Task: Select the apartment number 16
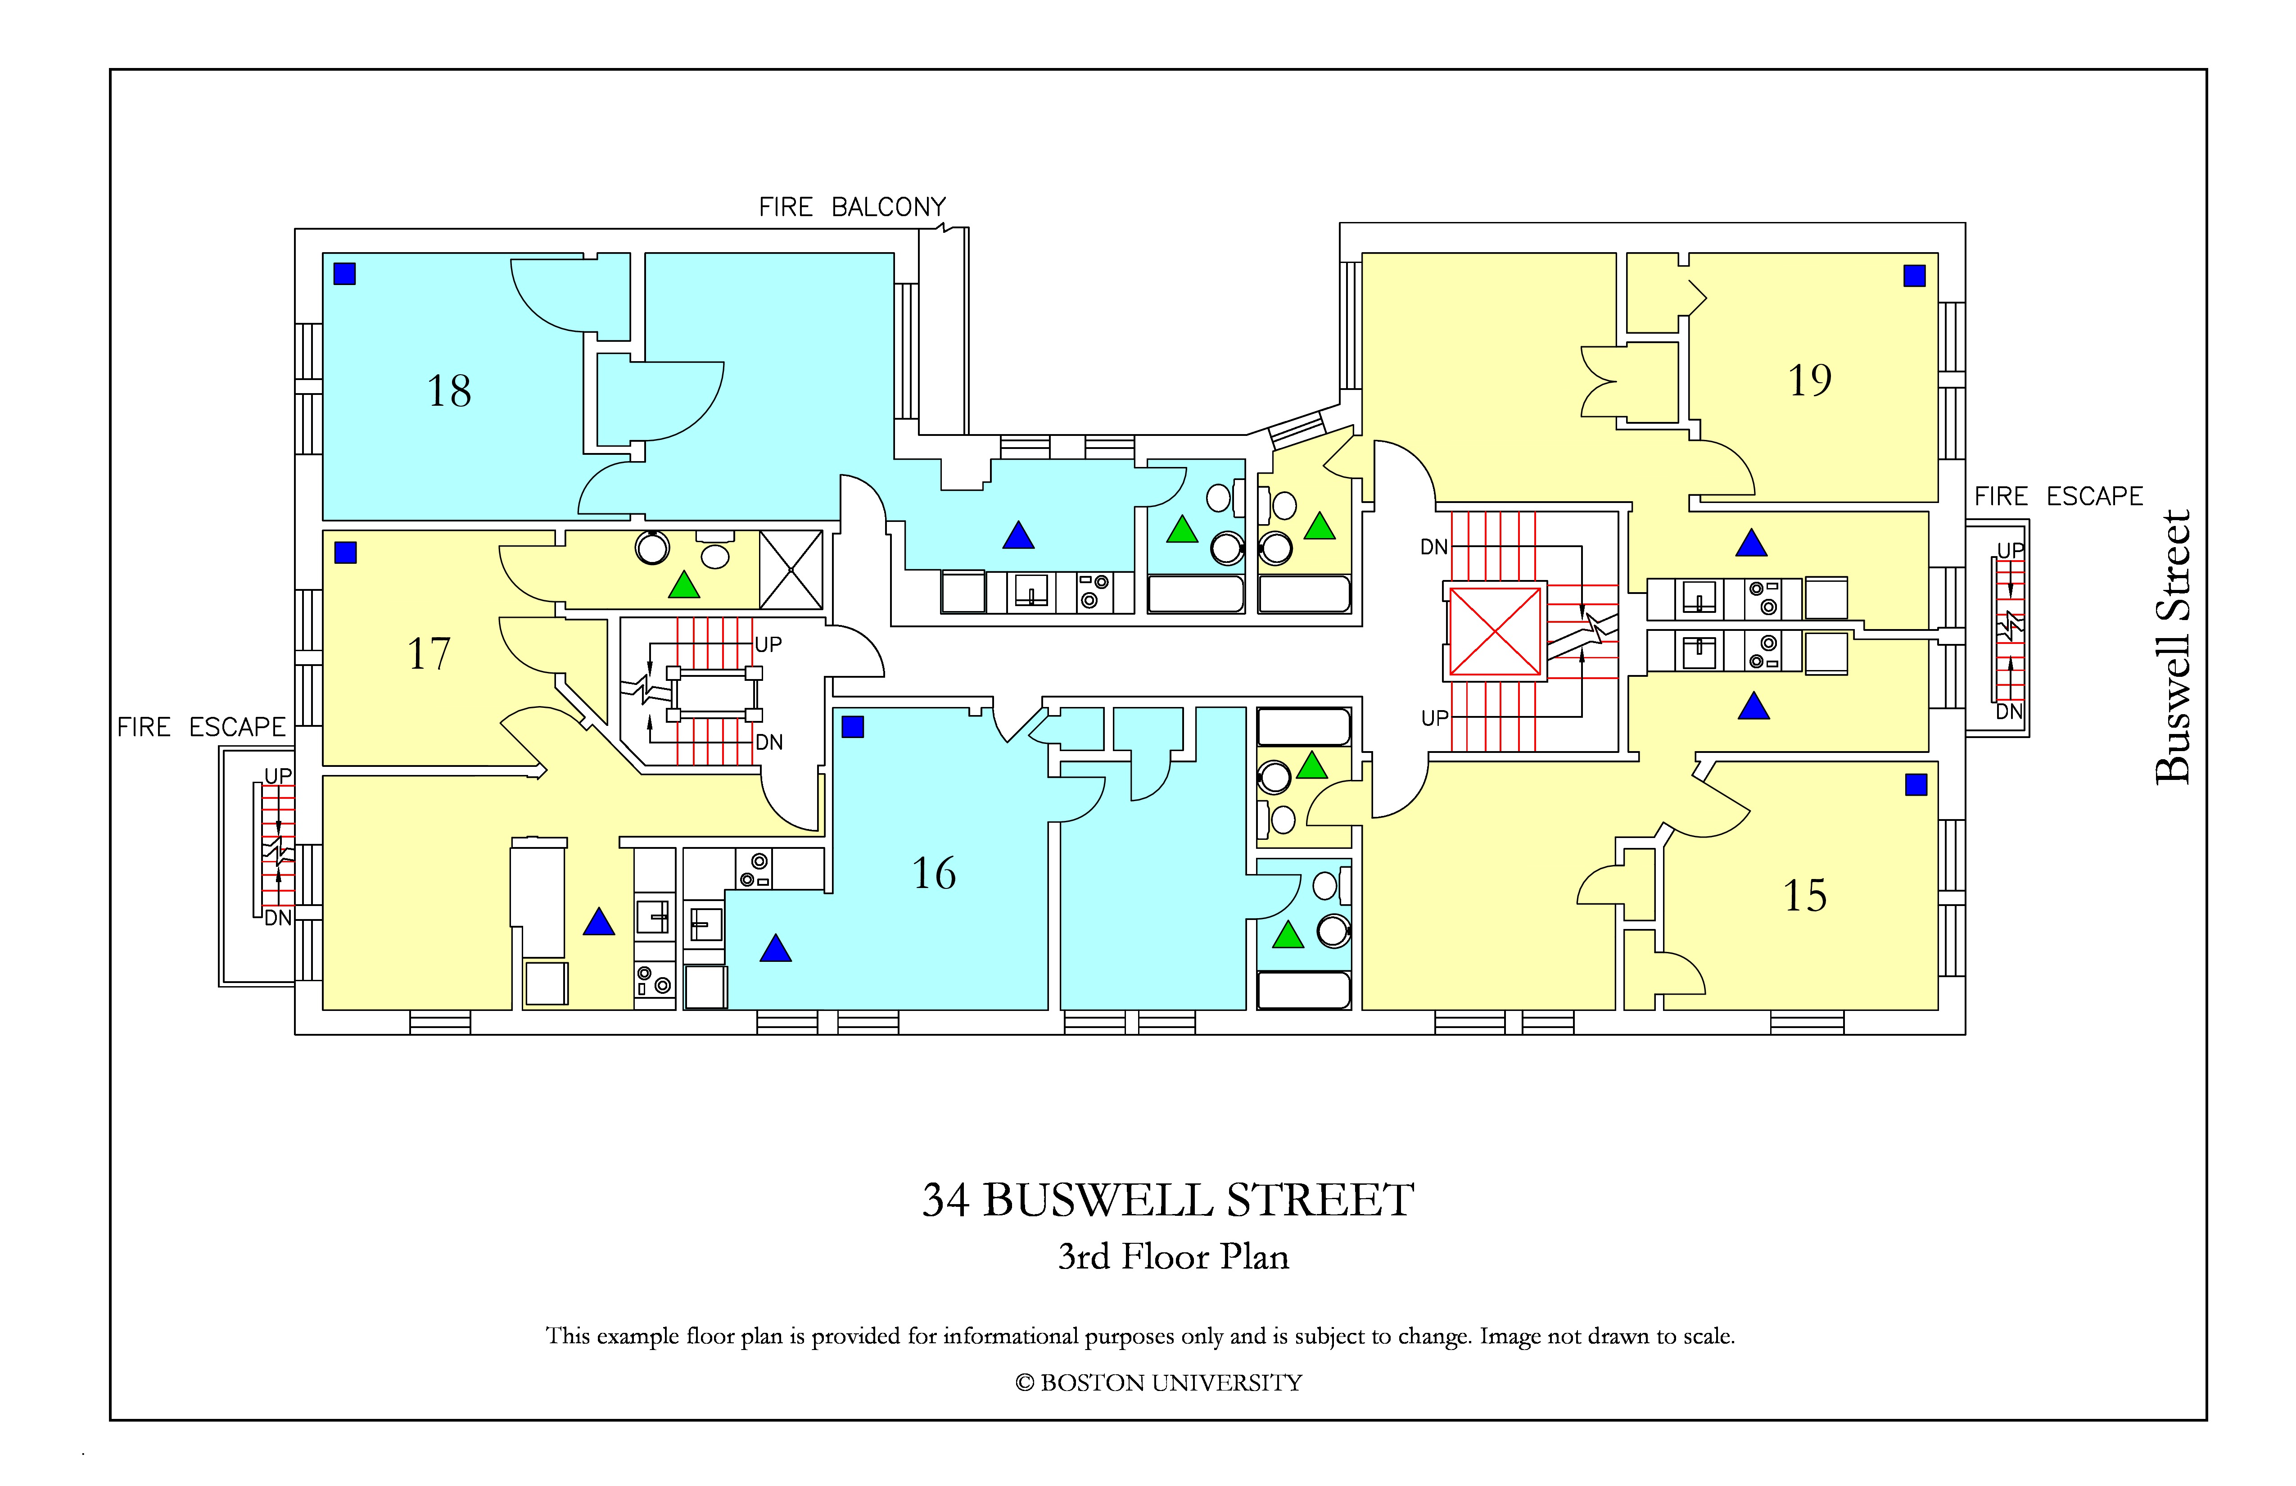click(934, 873)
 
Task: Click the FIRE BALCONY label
click(852, 208)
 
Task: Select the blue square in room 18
click(344, 274)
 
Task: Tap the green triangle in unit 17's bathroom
click(684, 585)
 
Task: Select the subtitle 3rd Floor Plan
click(1173, 1256)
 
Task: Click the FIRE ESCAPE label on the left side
click(202, 728)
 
